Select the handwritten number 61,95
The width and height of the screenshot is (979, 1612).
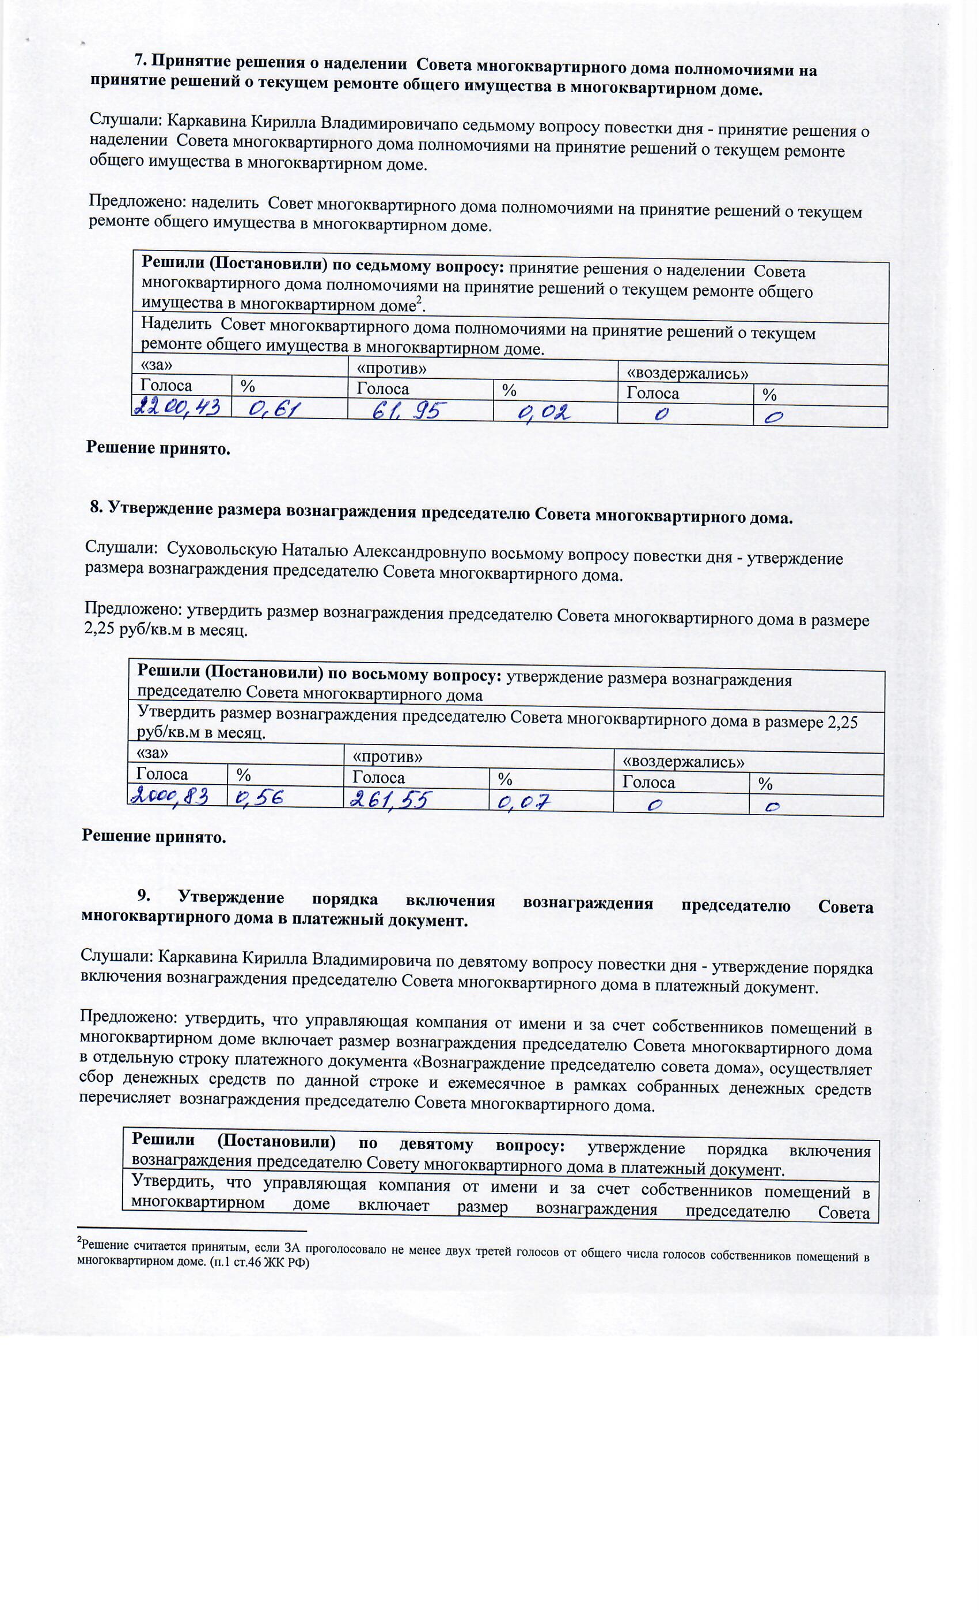click(x=409, y=412)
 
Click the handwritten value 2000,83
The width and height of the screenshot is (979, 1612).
click(x=170, y=796)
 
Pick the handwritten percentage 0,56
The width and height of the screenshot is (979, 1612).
click(x=259, y=797)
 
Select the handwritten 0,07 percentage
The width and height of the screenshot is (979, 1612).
click(x=523, y=801)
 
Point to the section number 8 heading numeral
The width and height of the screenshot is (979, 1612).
click(x=96, y=507)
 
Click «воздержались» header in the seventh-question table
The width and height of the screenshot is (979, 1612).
click(x=687, y=374)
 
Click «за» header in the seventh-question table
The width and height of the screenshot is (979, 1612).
click(x=148, y=364)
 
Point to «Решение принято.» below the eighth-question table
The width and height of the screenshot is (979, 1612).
click(x=154, y=837)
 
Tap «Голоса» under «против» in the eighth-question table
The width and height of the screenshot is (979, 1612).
click(x=378, y=777)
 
